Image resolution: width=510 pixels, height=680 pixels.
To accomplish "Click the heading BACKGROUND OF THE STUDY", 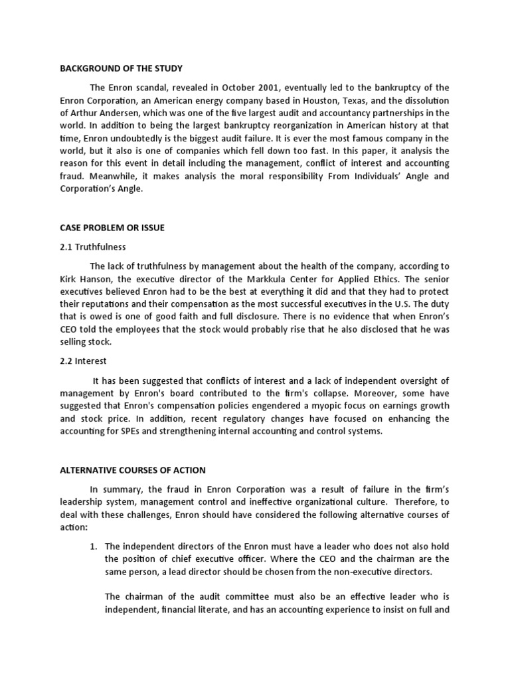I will pos(120,68).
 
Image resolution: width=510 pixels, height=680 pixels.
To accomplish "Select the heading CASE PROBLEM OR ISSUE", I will pos(112,228).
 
